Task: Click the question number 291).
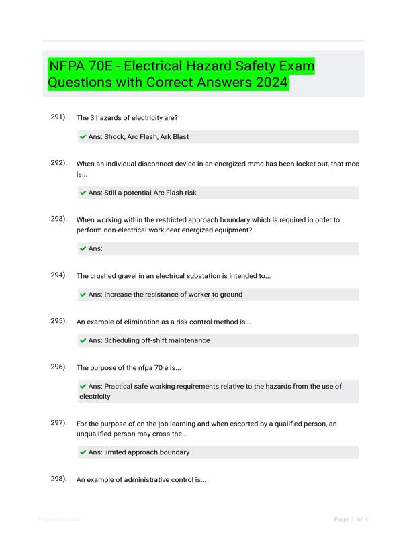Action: click(58, 117)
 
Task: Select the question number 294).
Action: click(58, 275)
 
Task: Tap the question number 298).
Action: click(58, 479)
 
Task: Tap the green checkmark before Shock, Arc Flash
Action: click(83, 137)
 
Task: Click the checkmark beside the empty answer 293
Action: click(83, 249)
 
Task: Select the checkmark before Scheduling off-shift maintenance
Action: click(83, 341)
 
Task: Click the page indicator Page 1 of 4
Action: click(351, 519)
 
